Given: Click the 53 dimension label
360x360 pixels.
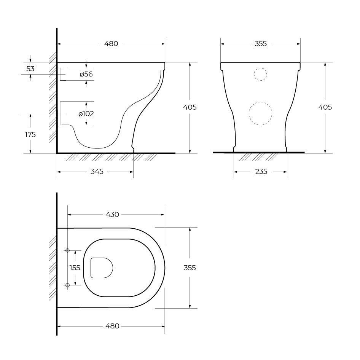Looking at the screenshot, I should tap(30, 69).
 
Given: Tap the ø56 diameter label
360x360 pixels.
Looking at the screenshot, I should tap(86, 74).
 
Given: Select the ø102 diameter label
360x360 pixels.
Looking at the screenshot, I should tap(86, 113).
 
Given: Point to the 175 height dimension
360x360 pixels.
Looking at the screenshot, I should tap(30, 134).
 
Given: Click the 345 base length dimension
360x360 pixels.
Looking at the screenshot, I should tap(97, 172).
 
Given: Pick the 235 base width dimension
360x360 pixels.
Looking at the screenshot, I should tap(261, 172).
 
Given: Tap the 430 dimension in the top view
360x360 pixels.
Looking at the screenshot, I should tap(112, 215).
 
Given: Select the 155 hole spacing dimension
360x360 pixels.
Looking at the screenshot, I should tap(75, 268).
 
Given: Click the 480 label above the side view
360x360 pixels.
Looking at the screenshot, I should tap(111, 44).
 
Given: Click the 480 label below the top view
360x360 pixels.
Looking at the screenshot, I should tap(112, 326).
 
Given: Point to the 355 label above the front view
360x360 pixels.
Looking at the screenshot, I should tap(261, 44).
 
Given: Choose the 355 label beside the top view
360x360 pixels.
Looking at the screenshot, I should tap(190, 268).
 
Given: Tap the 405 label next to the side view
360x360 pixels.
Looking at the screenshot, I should tap(190, 107).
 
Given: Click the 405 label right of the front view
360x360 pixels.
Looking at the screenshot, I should tap(325, 107).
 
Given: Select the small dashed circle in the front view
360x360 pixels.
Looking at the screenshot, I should tap(260, 74).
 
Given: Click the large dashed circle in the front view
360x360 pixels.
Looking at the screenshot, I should tap(260, 113).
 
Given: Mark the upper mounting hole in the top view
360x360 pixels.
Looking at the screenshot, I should tap(67, 250).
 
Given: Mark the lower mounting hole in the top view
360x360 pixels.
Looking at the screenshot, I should tap(67, 285).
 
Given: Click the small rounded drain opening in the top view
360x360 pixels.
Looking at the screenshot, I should tap(102, 268).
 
